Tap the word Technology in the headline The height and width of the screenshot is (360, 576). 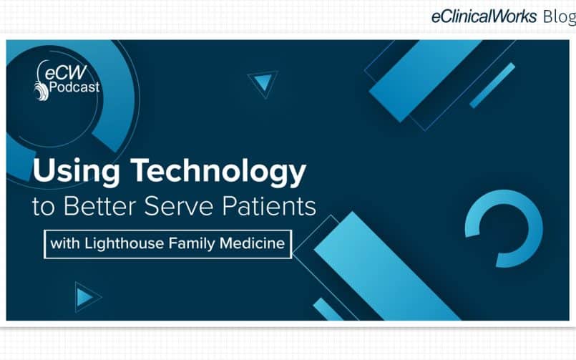point(218,171)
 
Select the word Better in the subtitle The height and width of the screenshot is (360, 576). point(100,206)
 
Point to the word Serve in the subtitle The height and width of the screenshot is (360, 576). point(179,206)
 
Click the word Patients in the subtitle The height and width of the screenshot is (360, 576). point(269,206)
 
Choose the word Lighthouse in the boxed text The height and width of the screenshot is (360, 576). point(125,243)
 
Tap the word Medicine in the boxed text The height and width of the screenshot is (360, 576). point(252,243)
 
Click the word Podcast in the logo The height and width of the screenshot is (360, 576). point(74,87)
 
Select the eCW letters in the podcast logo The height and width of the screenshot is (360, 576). point(66,72)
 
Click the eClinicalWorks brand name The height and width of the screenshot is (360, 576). point(484,16)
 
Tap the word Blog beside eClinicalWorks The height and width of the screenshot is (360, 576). point(559,16)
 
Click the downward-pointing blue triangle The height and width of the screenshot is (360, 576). point(263,82)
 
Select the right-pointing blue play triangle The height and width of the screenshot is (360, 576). point(85,297)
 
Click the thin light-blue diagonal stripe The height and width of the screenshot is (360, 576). point(492,86)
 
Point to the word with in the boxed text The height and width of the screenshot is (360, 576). point(65,243)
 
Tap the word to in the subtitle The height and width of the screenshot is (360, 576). point(44,207)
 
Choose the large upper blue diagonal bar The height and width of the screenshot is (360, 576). point(426,80)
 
